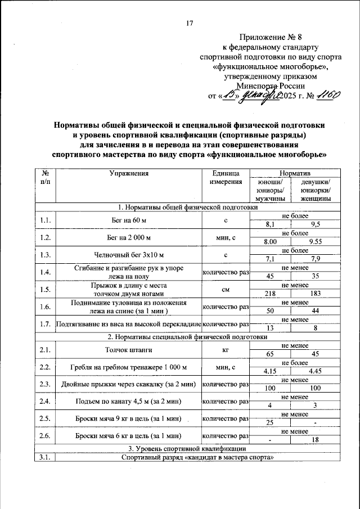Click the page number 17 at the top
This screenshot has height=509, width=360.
tap(189, 23)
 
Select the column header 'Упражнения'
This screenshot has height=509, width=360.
tap(129, 174)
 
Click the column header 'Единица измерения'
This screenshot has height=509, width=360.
tap(225, 178)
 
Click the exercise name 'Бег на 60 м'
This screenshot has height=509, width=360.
tap(129, 220)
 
